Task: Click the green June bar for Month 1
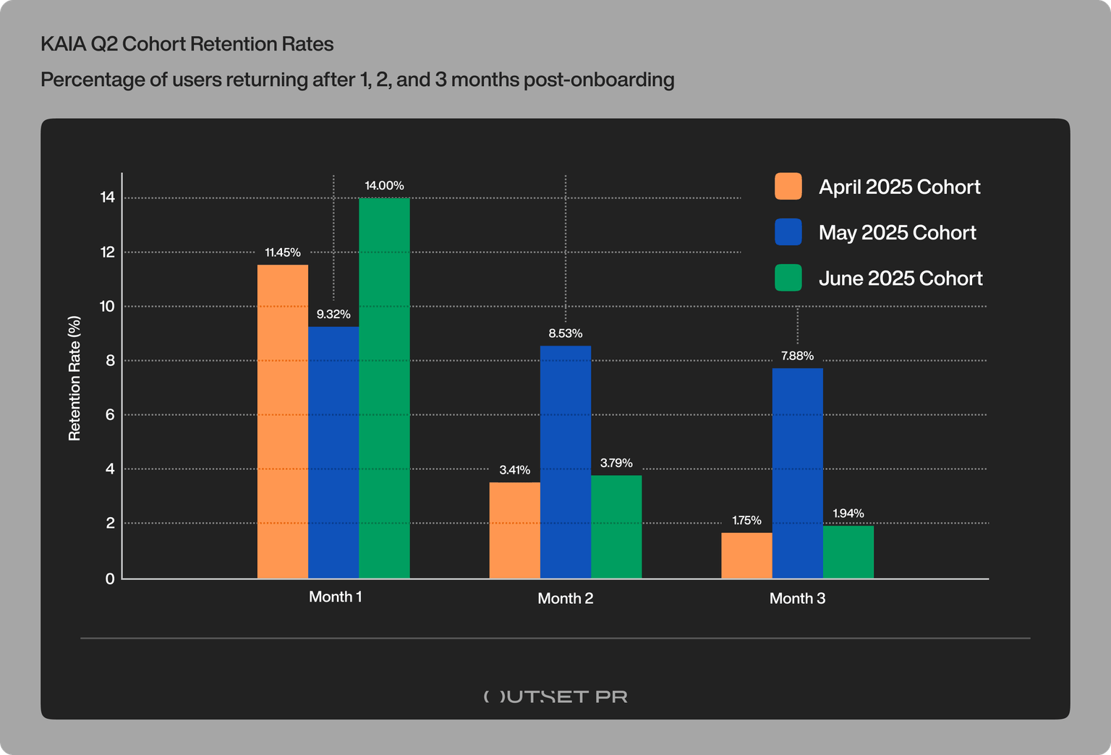[384, 388]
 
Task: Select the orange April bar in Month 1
[283, 422]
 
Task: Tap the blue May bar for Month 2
[566, 462]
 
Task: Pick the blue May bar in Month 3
[797, 474]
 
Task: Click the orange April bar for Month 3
[746, 555]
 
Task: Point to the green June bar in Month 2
[616, 526]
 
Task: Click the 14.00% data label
[384, 186]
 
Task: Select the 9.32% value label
[333, 315]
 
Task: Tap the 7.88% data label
[797, 356]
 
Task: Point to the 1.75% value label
[746, 521]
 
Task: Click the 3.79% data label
[616, 463]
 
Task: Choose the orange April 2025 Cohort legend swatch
[788, 187]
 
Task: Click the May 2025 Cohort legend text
[897, 233]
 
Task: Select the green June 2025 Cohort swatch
[788, 278]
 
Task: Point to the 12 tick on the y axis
[108, 252]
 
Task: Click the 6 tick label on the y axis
[110, 415]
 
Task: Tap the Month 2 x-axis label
[566, 599]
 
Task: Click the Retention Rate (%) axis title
[75, 378]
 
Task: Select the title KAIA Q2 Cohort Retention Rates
[187, 44]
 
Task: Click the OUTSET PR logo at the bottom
[555, 696]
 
